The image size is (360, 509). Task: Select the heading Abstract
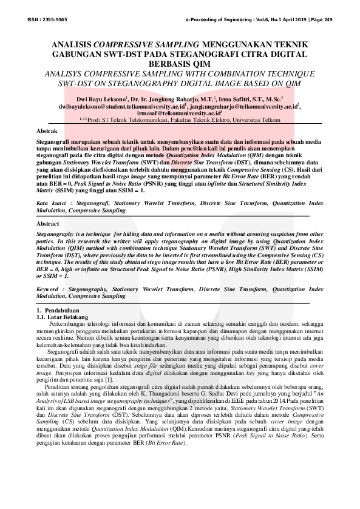pyautogui.click(x=49, y=224)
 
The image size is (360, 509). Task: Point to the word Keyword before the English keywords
pyautogui.click(x=51, y=291)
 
